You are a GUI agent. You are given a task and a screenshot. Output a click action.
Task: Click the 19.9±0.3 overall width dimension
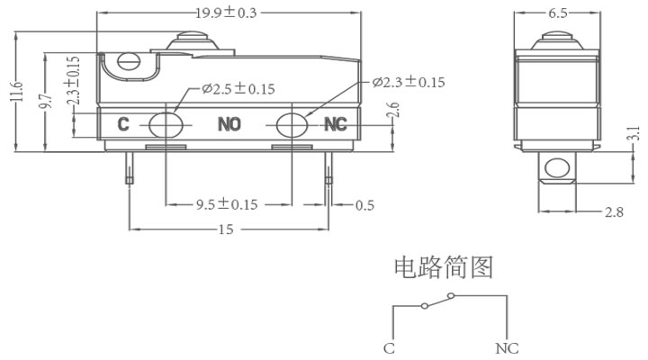pyautogui.click(x=226, y=13)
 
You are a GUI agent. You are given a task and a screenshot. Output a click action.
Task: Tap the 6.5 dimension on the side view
pyautogui.click(x=557, y=13)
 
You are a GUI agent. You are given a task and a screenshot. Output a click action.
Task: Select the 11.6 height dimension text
pyautogui.click(x=17, y=91)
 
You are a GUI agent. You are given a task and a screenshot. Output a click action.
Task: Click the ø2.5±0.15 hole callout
pyautogui.click(x=238, y=89)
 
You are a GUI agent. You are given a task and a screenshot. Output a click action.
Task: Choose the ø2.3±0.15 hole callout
pyautogui.click(x=409, y=82)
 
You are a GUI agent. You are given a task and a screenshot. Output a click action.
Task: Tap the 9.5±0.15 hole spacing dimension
pyautogui.click(x=227, y=204)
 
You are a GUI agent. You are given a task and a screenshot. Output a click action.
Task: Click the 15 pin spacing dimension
pyautogui.click(x=226, y=229)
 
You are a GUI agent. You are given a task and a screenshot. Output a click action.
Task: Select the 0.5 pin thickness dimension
pyautogui.click(x=364, y=205)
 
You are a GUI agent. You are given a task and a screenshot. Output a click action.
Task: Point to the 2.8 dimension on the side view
pyautogui.click(x=614, y=212)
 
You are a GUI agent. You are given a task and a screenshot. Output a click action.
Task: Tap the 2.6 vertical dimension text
pyautogui.click(x=394, y=110)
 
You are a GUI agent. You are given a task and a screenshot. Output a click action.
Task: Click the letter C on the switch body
pyautogui.click(x=123, y=124)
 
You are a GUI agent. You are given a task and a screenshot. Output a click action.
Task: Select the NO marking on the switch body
pyautogui.click(x=229, y=124)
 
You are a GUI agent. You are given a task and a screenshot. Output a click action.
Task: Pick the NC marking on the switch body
pyautogui.click(x=335, y=124)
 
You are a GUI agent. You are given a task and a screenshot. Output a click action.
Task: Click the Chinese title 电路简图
pyautogui.click(x=444, y=267)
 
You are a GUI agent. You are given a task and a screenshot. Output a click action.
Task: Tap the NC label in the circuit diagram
pyautogui.click(x=507, y=348)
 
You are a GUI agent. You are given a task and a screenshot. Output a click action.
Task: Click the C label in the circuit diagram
pyautogui.click(x=389, y=348)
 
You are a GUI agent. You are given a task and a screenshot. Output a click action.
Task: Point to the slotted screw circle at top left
pyautogui.click(x=129, y=62)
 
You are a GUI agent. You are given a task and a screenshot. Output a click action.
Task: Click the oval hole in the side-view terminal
pyautogui.click(x=557, y=167)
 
